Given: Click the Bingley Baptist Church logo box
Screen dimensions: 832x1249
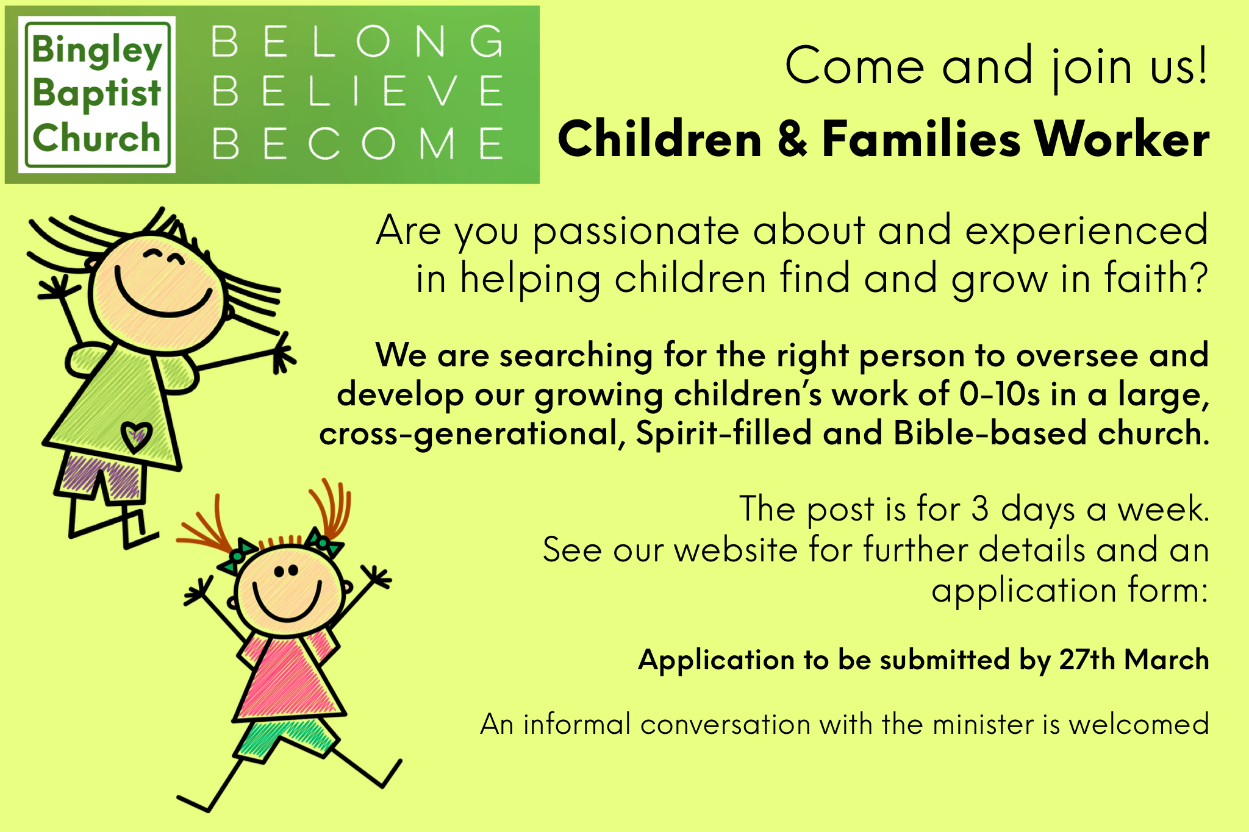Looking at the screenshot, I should tap(97, 94).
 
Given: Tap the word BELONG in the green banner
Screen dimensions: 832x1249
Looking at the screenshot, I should tap(358, 42).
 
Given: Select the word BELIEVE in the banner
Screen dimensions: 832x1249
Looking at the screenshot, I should tap(358, 91).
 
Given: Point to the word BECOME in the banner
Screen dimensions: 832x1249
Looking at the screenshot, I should tap(358, 144).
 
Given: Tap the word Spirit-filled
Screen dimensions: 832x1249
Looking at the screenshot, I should tap(723, 433).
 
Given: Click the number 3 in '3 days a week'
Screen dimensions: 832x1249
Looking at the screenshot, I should tap(979, 508).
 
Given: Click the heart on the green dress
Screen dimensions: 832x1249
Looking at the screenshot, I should tap(136, 435).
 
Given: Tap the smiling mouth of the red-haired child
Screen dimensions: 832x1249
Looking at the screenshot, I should tap(287, 603).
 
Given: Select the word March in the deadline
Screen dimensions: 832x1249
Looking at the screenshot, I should tap(1166, 660).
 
